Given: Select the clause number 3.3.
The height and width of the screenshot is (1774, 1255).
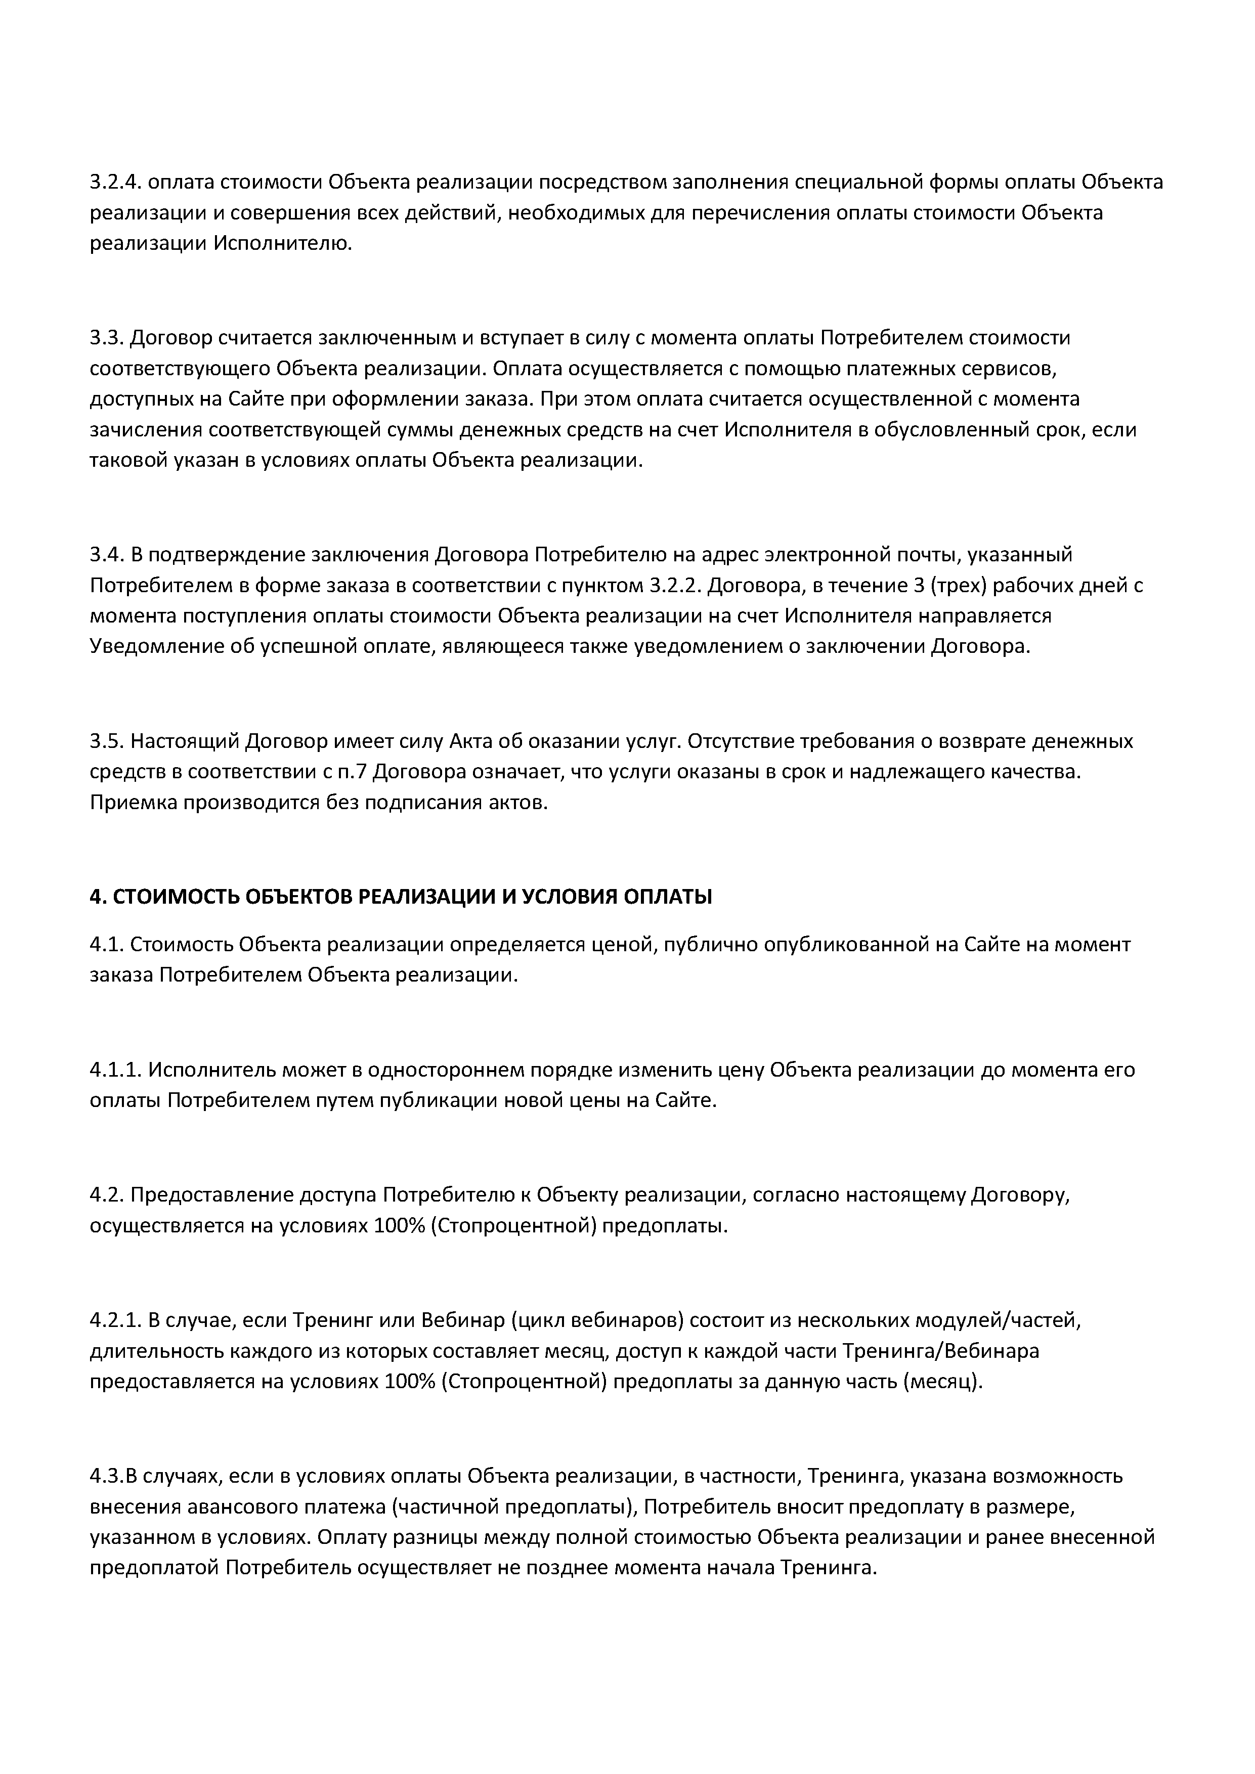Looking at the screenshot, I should (x=107, y=338).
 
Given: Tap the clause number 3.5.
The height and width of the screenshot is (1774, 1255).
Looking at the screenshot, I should (x=107, y=742).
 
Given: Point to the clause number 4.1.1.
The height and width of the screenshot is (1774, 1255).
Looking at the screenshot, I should (x=115, y=1070).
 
